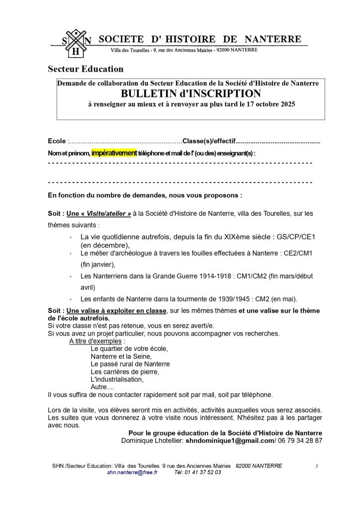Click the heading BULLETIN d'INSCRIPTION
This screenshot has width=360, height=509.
pos(191,93)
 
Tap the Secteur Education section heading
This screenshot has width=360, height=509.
pos(85,69)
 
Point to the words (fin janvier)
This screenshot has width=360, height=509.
pos(97,264)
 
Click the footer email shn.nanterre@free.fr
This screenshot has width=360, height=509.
pos(132,472)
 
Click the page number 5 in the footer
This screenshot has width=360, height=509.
pos(316,466)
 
